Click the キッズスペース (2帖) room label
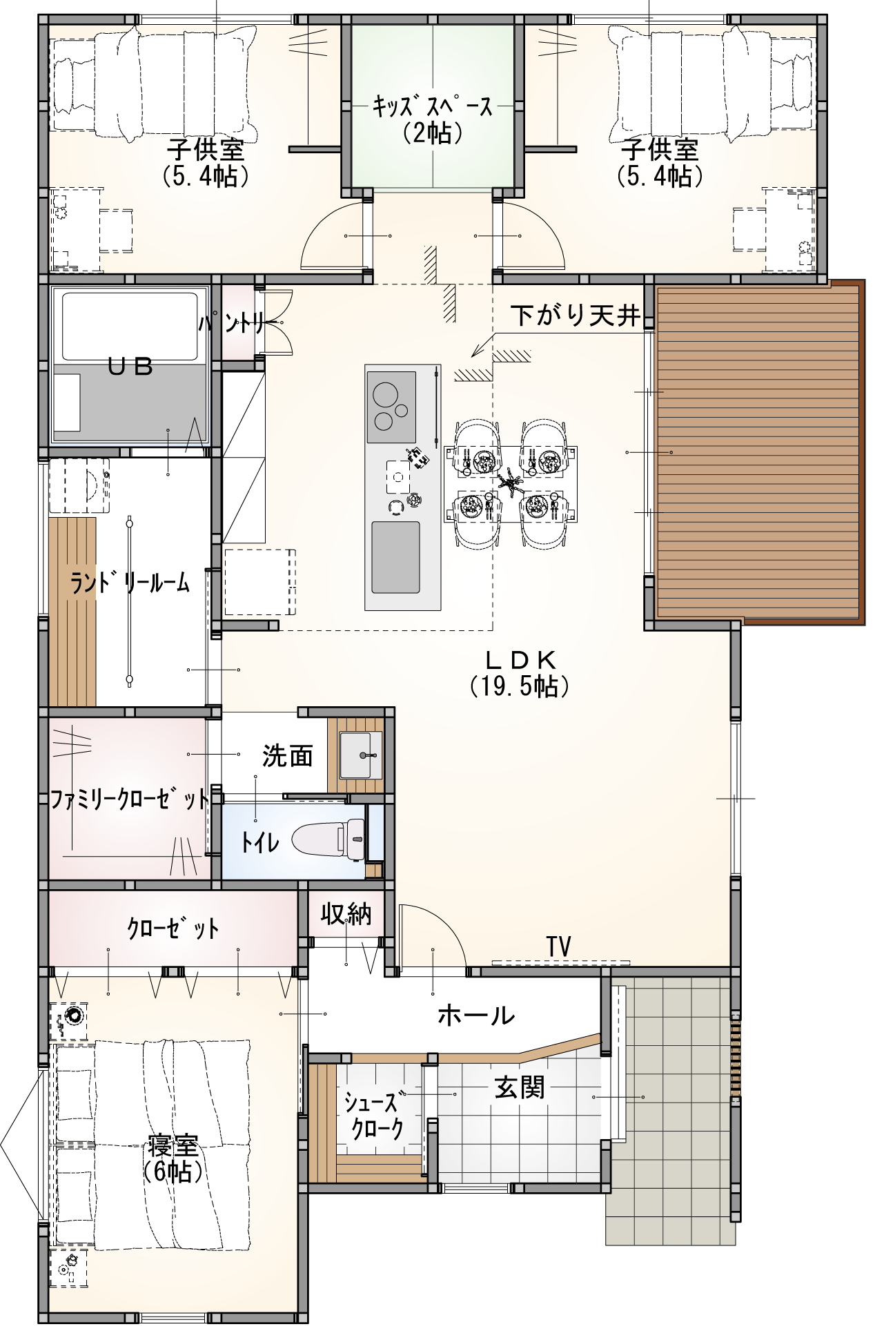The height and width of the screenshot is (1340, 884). (x=433, y=119)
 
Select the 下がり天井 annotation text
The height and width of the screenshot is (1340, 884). (x=576, y=315)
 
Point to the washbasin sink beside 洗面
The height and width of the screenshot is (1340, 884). (x=360, y=754)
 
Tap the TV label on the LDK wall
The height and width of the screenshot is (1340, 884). (x=559, y=946)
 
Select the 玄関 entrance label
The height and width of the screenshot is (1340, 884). (x=520, y=1088)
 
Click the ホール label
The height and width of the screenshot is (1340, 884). (x=476, y=1016)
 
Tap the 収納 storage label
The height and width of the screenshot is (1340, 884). (x=346, y=914)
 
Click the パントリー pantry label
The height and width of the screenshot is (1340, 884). (x=235, y=322)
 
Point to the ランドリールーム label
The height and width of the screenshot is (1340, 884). (x=129, y=583)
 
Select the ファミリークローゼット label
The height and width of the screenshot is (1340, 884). (x=129, y=799)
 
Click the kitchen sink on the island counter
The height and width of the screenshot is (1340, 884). (x=395, y=557)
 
